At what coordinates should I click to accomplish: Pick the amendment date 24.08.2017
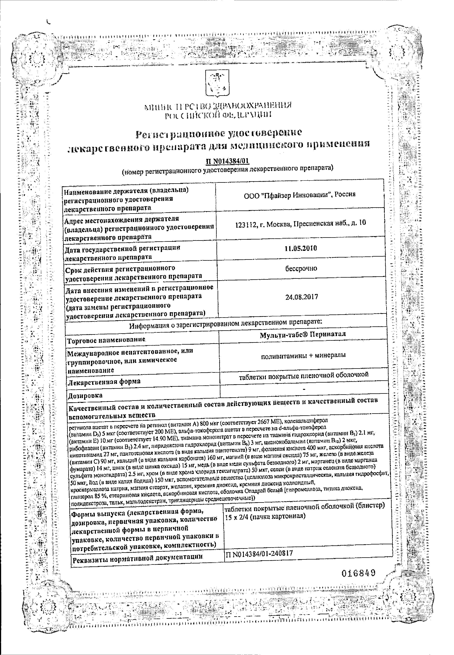pos(302,297)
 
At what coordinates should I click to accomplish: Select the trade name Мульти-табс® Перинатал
pos(303,334)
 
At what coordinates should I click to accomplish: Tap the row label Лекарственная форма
pos(104,381)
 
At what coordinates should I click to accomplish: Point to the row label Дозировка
pos(85,395)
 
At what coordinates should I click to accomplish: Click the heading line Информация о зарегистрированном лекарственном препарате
pos(226,325)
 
